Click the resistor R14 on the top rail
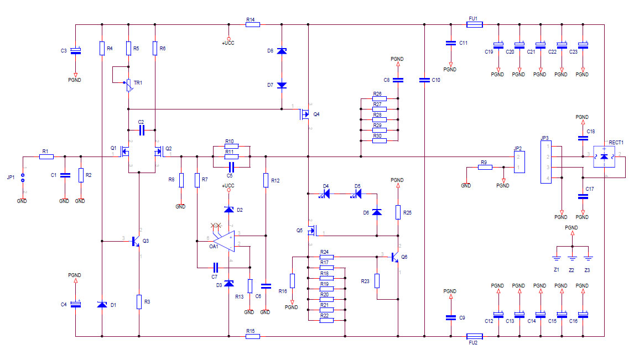[x=252, y=24]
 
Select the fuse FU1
[x=475, y=24]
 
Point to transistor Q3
[x=136, y=241]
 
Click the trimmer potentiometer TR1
[x=128, y=84]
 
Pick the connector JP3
[x=546, y=162]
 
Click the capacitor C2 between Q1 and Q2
[x=141, y=131]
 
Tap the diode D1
[x=102, y=305]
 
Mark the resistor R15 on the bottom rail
[x=252, y=336]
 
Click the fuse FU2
[x=475, y=336]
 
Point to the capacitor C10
[x=424, y=80]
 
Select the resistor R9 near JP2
[x=485, y=167]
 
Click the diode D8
[x=282, y=51]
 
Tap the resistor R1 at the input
[x=46, y=156]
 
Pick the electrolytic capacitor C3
[x=76, y=51]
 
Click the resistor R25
[x=398, y=212]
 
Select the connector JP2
[x=518, y=162]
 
